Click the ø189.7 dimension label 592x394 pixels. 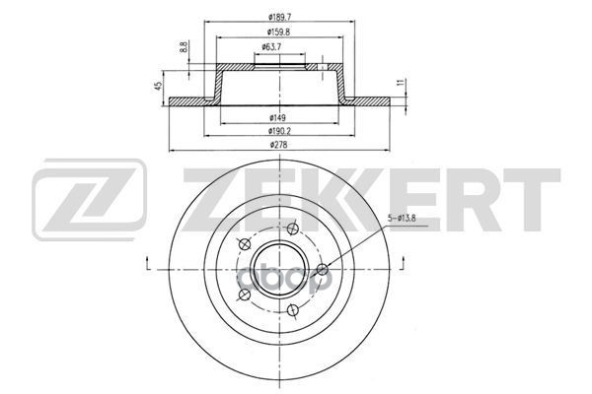point(279,17)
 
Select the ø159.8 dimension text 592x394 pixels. point(278,32)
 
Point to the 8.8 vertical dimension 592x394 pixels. point(184,47)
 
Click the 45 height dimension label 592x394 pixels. point(159,87)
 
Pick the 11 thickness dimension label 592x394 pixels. point(402,83)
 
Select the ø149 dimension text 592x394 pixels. point(277,117)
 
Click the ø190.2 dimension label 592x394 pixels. point(279,131)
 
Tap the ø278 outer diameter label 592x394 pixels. point(279,145)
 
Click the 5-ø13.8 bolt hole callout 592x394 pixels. point(402,218)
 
